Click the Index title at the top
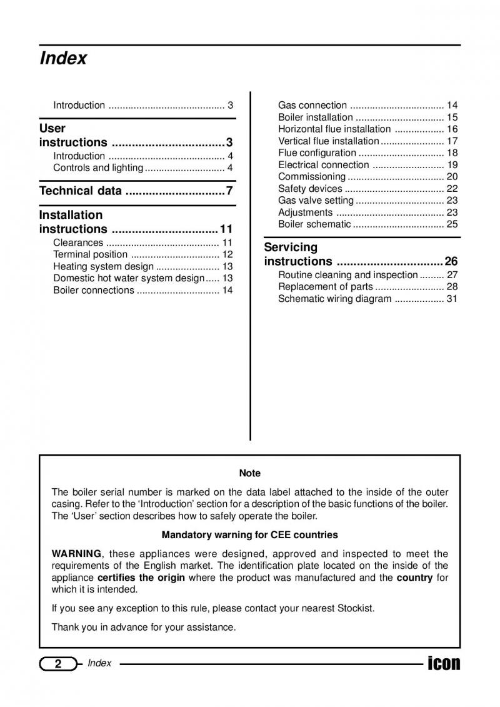coord(63,59)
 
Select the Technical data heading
coord(81,191)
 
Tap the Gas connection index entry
coord(312,105)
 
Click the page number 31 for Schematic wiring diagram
coord(452,299)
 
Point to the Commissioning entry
coord(311,177)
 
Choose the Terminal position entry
coord(90,254)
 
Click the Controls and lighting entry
coord(97,168)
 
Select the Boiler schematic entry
coord(314,224)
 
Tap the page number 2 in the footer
coord(57,664)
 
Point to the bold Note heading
coord(250,473)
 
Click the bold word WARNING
coord(76,554)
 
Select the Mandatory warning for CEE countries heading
coord(250,535)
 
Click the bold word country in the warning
coord(414,578)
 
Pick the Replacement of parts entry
coord(325,287)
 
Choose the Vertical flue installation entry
coord(328,141)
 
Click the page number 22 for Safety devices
coord(452,189)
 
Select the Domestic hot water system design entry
coord(129,278)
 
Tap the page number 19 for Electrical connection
coord(452,165)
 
